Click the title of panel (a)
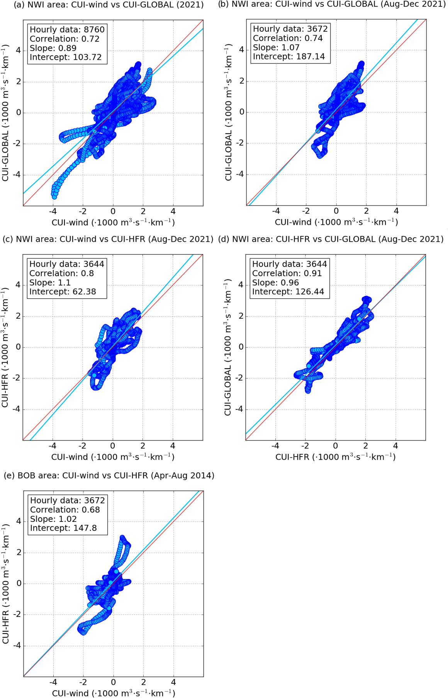tap(108, 5)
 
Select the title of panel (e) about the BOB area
tap(109, 476)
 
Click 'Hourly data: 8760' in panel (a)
tap(67, 30)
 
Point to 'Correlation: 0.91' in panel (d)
tap(287, 273)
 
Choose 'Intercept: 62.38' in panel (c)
tap(63, 292)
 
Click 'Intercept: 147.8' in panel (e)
tap(63, 528)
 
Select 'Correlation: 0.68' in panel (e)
tap(65, 510)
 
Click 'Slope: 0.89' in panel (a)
tap(53, 48)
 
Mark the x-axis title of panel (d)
tap(335, 457)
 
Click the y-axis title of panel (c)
tap(5, 347)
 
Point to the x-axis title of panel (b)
tap(336, 222)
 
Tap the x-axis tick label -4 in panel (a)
tap(53, 211)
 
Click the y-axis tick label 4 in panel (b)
tap(241, 49)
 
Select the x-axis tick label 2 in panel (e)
tap(143, 682)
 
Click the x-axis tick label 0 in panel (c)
tap(112, 446)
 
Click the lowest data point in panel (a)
tap(54, 197)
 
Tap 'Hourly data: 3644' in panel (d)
tap(289, 264)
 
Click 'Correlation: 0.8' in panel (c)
tap(61, 273)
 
